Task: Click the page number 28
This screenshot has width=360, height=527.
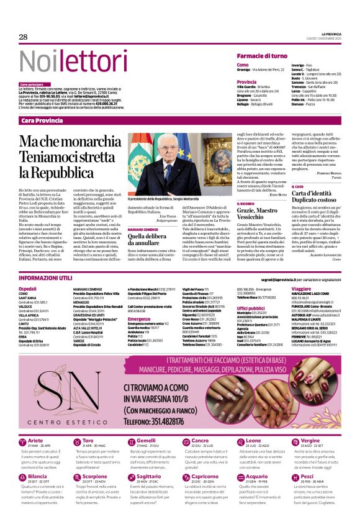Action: pyautogui.click(x=23, y=37)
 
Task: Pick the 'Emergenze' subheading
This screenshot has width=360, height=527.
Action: pyautogui.click(x=140, y=319)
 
